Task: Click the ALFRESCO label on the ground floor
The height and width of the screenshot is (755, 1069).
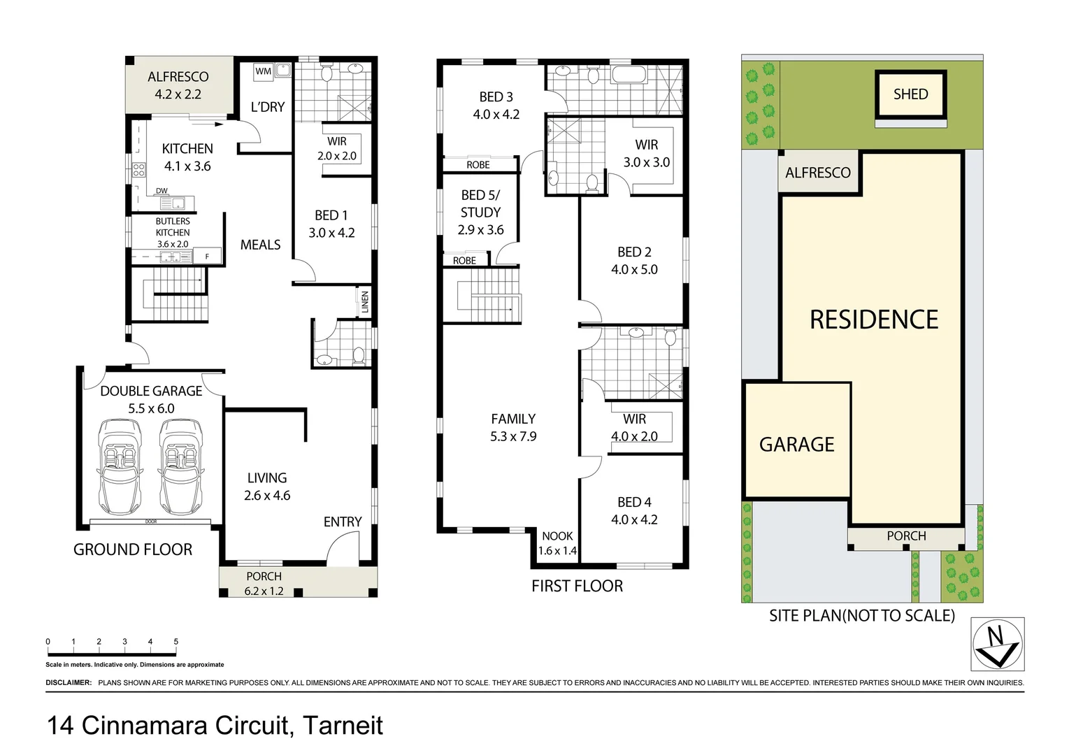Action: click(178, 77)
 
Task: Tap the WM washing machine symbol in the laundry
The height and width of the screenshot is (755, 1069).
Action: click(263, 71)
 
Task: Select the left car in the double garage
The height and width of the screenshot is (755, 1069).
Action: click(120, 466)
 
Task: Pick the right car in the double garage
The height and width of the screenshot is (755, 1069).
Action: click(181, 466)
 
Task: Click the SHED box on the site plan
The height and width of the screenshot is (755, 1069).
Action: click(910, 94)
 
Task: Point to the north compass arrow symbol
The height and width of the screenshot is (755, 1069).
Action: click(998, 644)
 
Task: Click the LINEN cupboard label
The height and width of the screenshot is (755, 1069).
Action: click(364, 302)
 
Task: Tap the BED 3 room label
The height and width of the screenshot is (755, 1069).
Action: click(496, 97)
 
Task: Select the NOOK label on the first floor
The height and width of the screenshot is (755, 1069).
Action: click(557, 536)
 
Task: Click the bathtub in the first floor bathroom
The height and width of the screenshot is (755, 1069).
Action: click(631, 74)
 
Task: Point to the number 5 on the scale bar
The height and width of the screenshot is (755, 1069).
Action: click(176, 641)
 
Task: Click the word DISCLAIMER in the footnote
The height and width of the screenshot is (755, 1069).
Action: click(69, 682)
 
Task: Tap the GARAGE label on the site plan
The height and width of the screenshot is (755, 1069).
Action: click(796, 445)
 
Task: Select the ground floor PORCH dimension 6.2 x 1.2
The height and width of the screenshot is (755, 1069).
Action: click(264, 591)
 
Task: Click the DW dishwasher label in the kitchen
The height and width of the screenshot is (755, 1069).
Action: click(162, 191)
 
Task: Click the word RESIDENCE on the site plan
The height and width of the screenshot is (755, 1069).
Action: click(873, 319)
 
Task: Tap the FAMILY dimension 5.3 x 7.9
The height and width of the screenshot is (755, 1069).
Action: click(513, 436)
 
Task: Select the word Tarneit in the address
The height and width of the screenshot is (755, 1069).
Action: click(343, 725)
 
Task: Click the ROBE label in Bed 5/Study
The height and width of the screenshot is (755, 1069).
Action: click(464, 261)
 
